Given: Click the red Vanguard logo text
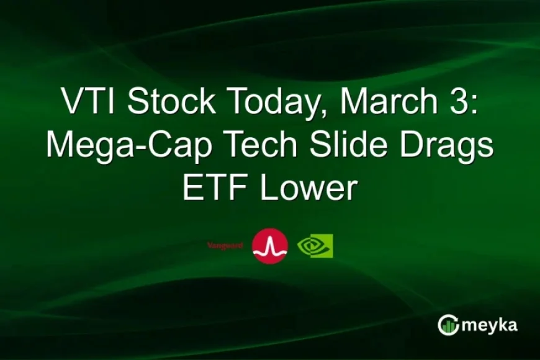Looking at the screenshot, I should pos(225,246).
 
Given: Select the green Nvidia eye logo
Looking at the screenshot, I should pos(315,246).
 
